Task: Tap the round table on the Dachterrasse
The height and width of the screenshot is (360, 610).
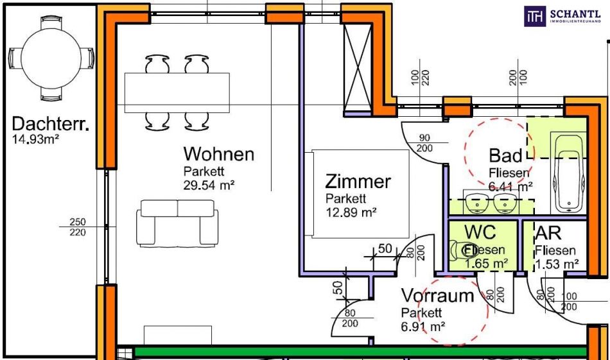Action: point(50,56)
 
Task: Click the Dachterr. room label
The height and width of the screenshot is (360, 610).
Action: point(50,123)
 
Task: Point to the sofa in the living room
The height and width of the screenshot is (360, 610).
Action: point(177,222)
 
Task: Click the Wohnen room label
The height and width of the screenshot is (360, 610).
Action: point(218,154)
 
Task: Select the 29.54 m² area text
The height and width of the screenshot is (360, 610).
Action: point(209,185)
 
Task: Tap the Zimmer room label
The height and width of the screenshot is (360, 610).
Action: point(358,181)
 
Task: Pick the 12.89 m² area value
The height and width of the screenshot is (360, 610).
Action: point(351,212)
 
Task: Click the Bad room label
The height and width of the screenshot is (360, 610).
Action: point(505,155)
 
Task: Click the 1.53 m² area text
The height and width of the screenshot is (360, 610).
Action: point(557,264)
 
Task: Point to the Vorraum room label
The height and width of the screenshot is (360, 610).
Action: point(437,296)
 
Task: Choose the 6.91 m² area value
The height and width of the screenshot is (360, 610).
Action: point(423,326)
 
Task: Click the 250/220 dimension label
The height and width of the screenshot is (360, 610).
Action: point(77,227)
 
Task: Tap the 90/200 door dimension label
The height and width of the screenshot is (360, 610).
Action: point(424,142)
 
